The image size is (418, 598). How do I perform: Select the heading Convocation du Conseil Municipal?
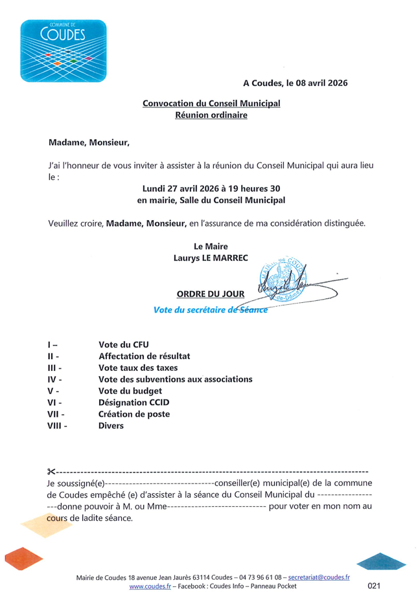tap(211, 104)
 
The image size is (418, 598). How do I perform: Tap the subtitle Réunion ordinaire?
tap(211, 115)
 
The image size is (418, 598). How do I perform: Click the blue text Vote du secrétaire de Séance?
tap(210, 309)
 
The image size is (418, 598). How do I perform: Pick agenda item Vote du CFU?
tap(123, 344)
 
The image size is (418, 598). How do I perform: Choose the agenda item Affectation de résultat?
tap(144, 356)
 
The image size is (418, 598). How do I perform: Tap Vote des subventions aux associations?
tap(175, 379)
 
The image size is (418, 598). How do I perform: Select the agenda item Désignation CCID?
tap(134, 403)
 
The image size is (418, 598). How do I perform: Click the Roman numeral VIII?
tap(57, 426)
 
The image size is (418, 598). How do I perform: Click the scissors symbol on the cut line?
tap(52, 471)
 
